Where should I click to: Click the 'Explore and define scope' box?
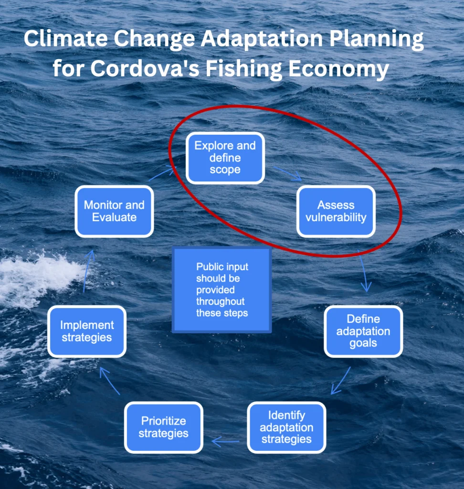point(225,158)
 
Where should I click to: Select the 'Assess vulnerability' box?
point(336,212)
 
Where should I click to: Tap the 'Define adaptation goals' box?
point(363,331)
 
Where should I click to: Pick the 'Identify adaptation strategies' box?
point(286,427)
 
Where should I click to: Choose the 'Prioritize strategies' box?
point(164,427)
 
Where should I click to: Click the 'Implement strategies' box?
point(87,331)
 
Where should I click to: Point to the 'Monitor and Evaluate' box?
point(114,212)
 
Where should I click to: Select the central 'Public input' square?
point(221,290)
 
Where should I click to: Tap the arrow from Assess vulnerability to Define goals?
point(363,271)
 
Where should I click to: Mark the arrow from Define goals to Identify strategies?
point(341,380)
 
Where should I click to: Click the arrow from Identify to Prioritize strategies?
point(225,442)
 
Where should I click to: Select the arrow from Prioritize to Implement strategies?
point(109,381)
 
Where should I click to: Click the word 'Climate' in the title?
point(66,39)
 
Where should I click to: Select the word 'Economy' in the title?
point(338,69)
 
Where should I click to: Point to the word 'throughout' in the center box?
point(221,302)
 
